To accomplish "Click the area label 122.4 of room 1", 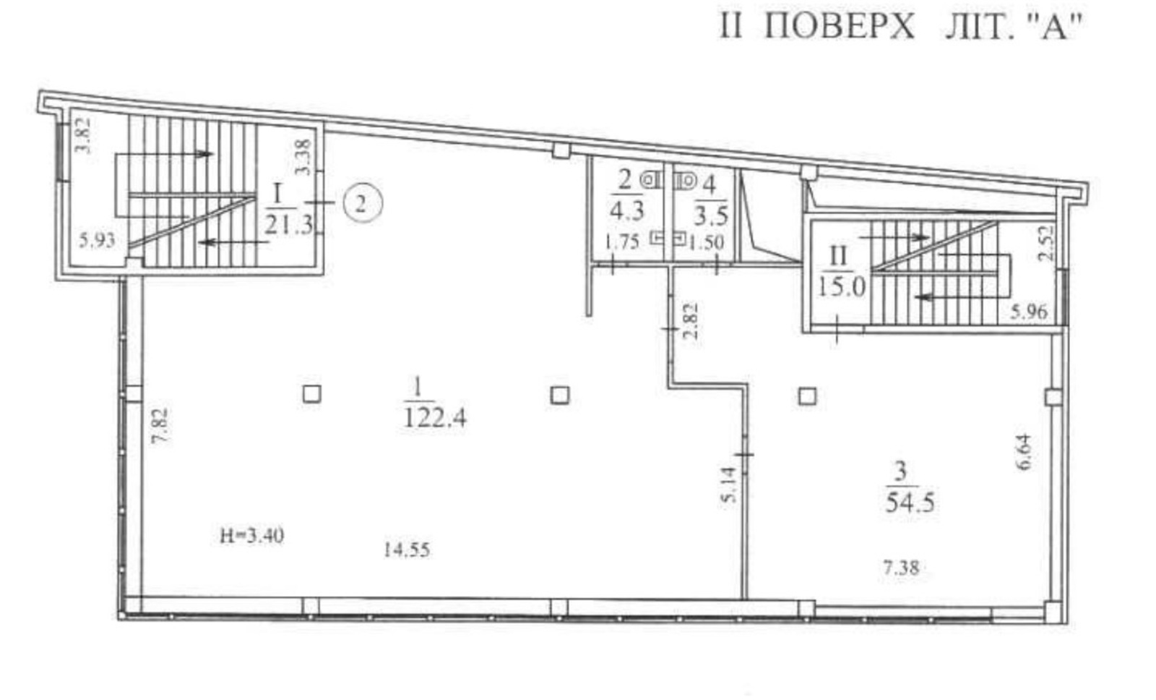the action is tap(434, 417).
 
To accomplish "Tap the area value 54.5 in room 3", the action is tap(910, 502).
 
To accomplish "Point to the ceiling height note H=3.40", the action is tap(252, 536).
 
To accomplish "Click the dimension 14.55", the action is tap(407, 550).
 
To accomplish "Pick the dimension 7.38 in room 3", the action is tap(901, 568).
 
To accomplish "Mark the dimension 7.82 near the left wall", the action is tap(160, 425).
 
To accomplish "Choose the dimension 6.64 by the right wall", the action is tap(1025, 452).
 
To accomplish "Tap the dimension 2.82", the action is tap(691, 320).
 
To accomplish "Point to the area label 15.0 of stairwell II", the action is tap(842, 287).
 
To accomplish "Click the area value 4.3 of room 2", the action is tap(627, 210).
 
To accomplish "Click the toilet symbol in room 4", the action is tap(684, 180).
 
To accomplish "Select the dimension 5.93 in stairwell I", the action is tap(97, 240).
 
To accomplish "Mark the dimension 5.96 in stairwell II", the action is tap(1029, 312).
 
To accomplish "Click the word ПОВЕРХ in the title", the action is tap(839, 26).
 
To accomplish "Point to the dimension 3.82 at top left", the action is tap(83, 136).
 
